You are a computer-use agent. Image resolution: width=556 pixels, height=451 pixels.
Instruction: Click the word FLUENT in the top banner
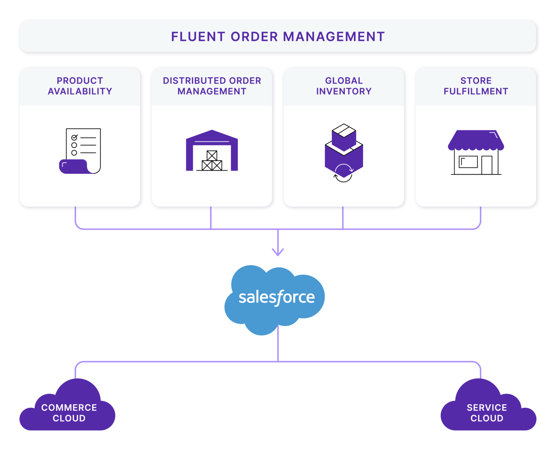point(198,37)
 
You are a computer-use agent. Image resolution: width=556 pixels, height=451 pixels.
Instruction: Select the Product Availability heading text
point(80,86)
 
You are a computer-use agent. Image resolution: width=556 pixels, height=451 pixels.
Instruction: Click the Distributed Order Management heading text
point(212,86)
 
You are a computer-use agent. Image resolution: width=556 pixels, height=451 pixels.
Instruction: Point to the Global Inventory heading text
point(344,86)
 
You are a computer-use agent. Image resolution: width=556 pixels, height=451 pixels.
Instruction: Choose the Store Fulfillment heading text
point(476,86)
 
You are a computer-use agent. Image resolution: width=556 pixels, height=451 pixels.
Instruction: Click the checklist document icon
point(80,151)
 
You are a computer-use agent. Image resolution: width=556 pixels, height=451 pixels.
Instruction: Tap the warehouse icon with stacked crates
point(212,151)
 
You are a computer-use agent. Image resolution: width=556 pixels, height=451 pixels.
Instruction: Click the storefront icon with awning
point(476,153)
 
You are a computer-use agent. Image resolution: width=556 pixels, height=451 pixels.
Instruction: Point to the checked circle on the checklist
point(74,138)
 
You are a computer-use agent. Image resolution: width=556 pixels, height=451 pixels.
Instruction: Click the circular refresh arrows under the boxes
point(343,173)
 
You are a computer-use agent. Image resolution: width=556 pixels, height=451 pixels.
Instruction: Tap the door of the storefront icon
point(487,165)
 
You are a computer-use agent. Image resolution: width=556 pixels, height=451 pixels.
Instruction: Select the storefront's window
point(468,162)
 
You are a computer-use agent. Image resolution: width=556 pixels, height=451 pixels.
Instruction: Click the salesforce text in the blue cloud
point(277,297)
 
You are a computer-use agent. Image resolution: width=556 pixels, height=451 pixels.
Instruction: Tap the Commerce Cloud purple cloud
point(69,411)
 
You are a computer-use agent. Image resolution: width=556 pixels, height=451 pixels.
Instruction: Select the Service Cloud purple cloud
point(487,411)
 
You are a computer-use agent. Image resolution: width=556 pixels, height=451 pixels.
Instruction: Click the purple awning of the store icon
point(476,140)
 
